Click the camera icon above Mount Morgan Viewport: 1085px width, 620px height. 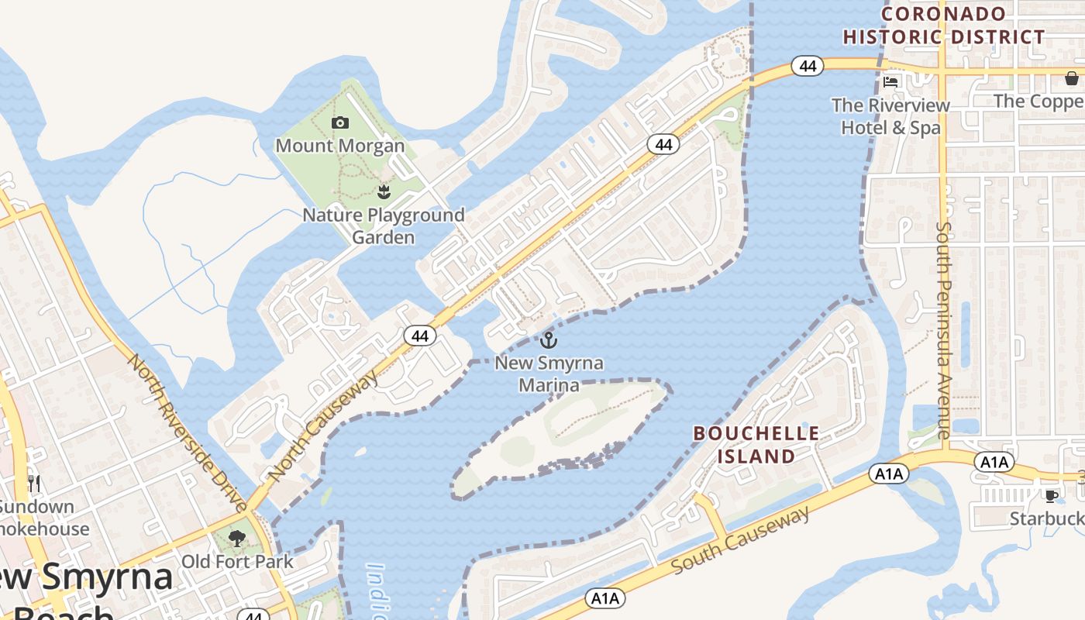click(x=339, y=122)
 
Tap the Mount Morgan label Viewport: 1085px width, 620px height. click(x=339, y=146)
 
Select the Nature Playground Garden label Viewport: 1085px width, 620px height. click(x=384, y=226)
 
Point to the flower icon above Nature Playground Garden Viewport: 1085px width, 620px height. click(x=382, y=191)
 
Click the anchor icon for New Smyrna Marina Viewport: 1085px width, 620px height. click(x=549, y=339)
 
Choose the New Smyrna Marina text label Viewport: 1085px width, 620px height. click(x=549, y=374)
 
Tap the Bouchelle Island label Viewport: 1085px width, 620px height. click(x=756, y=445)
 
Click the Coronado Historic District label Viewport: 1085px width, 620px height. click(x=944, y=26)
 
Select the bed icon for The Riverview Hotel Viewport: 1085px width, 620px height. click(x=890, y=81)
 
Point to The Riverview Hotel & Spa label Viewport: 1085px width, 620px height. click(x=890, y=116)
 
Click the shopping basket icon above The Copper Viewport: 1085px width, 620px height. click(x=1071, y=78)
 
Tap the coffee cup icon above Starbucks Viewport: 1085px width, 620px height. click(x=1051, y=495)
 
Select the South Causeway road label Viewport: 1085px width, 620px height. click(x=740, y=539)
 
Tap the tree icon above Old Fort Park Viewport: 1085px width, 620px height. click(x=237, y=538)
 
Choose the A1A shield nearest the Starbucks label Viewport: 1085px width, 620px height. click(x=994, y=463)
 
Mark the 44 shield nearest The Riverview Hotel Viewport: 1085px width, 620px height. click(x=808, y=67)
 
